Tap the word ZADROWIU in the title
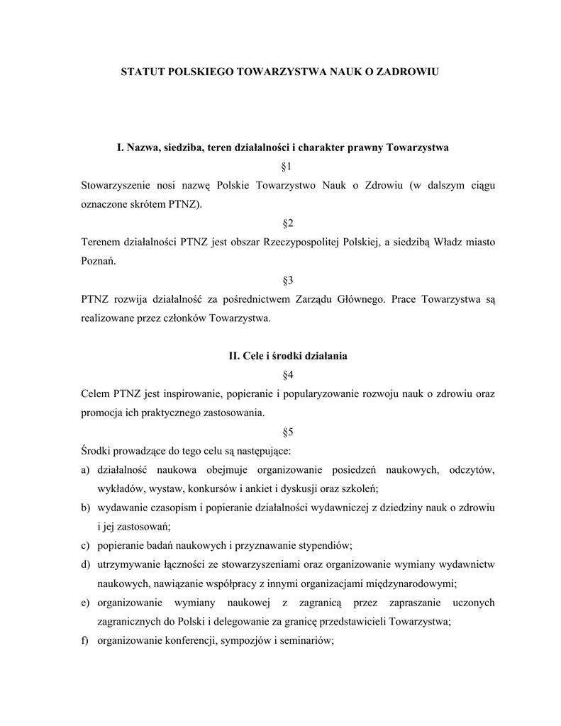click(407, 72)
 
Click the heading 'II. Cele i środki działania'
click(288, 356)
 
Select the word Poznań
click(97, 261)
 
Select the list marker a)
click(85, 469)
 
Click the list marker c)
click(85, 545)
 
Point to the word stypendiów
click(321, 545)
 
